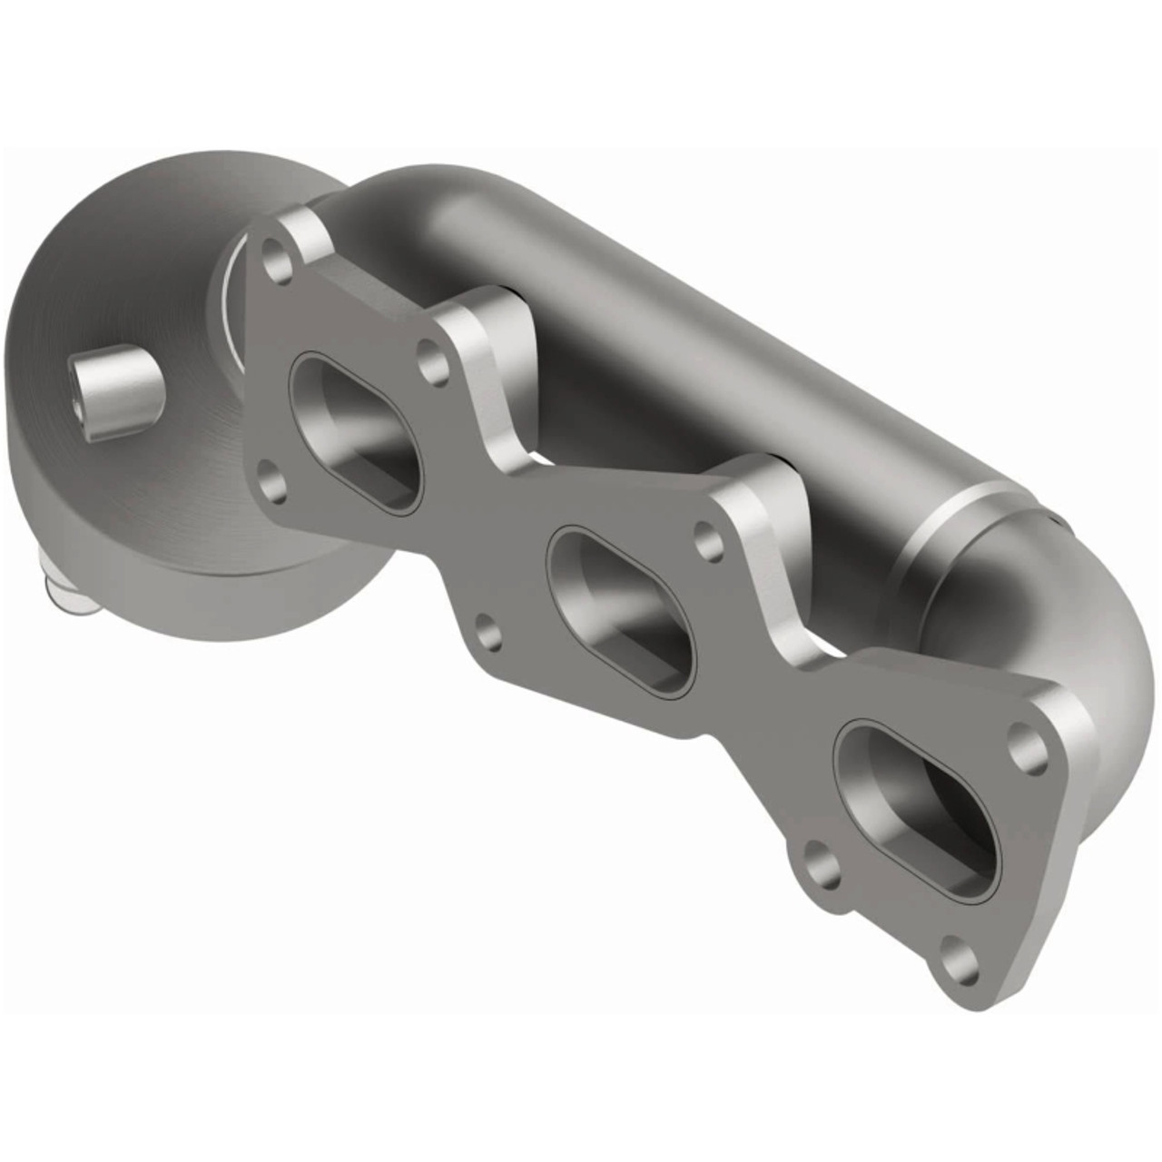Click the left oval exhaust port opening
(356, 432)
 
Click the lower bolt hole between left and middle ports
(488, 632)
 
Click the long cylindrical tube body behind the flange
(690, 318)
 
